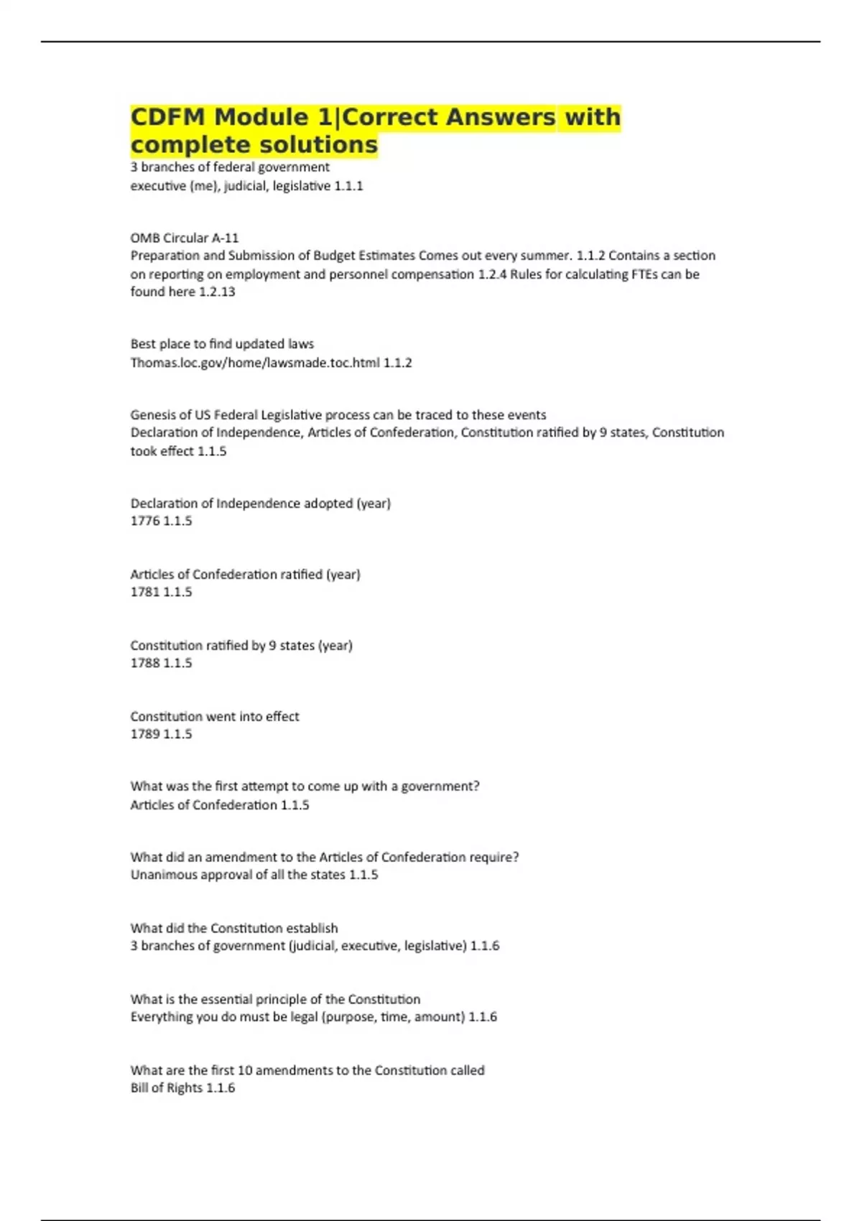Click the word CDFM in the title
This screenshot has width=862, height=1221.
(x=167, y=117)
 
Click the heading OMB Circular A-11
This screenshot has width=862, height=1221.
(x=185, y=238)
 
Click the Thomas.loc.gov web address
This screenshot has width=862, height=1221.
(x=255, y=363)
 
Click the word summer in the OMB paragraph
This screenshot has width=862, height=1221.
(x=548, y=256)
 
